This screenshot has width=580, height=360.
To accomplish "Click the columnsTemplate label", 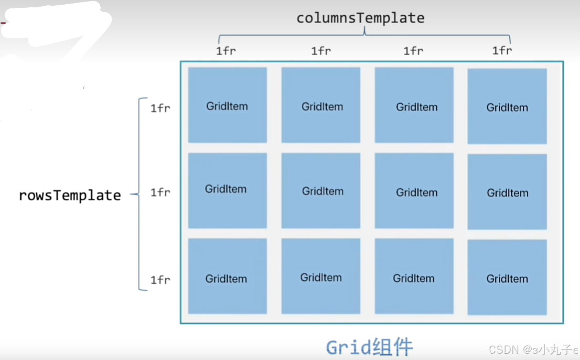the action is pos(360,18).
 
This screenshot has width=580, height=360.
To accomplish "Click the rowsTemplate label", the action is pos(70,195).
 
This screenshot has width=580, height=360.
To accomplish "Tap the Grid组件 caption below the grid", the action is pos(369,347).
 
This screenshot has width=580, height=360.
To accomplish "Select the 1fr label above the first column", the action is pos(226,51).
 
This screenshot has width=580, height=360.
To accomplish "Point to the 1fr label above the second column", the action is pos(321,51).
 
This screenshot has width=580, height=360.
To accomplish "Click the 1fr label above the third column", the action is pos(413,51).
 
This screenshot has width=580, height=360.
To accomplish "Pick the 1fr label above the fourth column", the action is pos(502,50).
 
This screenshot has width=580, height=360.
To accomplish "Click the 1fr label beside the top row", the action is pos(160,108).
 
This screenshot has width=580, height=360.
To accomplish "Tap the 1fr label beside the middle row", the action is pos(160,192).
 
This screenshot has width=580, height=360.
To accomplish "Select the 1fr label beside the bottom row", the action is pos(160,280).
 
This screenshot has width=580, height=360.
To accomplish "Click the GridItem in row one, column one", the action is pos(227,105).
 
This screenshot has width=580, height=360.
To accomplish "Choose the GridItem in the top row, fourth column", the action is pos(507,106).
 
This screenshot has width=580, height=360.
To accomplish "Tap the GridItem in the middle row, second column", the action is pos(321,191).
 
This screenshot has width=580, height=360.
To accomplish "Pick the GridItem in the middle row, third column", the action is pos(414,191).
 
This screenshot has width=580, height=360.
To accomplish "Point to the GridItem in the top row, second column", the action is pos(321,105).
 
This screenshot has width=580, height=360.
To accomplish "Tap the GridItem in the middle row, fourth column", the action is pos(507,192).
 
